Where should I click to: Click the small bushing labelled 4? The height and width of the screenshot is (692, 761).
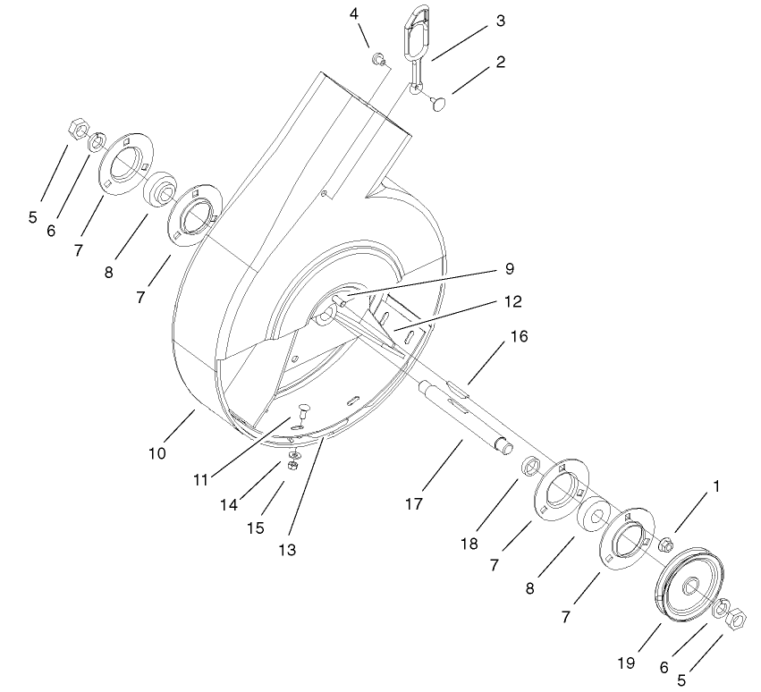[380, 60]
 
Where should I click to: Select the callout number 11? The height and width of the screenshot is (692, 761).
[201, 480]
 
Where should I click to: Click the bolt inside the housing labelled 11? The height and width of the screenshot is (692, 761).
[300, 413]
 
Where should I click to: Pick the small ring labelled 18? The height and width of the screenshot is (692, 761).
[530, 465]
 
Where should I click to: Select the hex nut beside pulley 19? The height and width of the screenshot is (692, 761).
[737, 617]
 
